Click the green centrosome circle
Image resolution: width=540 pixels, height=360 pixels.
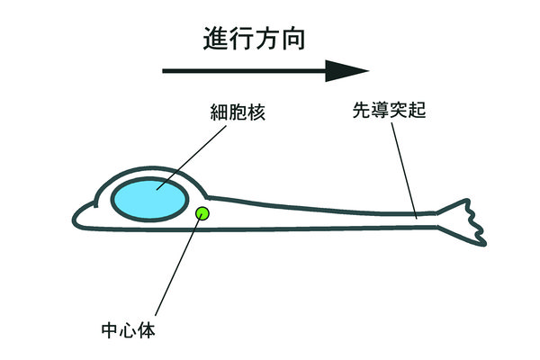click(202, 213)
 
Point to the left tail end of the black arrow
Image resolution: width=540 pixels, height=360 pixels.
click(165, 70)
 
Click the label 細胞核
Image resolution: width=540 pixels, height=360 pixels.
click(236, 114)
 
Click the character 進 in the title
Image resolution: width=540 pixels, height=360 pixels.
click(213, 38)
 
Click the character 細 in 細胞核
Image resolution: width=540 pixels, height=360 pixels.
click(217, 114)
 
